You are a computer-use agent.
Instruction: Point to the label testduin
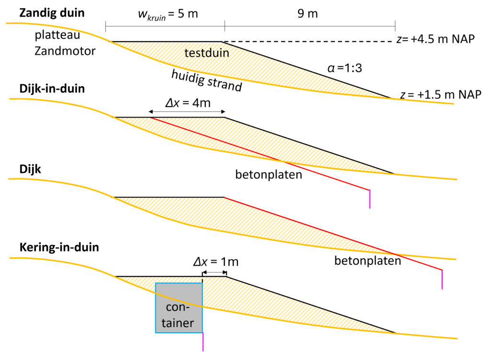207,53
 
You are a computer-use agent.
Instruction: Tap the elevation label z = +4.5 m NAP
435,40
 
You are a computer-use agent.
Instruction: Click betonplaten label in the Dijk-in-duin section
269,174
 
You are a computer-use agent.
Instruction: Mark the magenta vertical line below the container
203,342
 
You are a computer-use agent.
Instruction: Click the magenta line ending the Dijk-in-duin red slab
369,199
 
